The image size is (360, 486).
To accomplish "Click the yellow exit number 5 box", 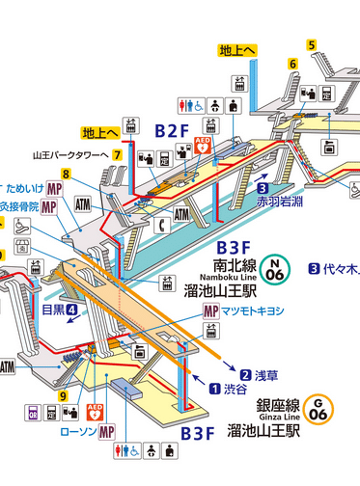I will tap(312, 44).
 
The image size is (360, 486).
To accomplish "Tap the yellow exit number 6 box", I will tap(291, 64).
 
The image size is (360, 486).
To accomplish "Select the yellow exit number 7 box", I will tap(116, 153).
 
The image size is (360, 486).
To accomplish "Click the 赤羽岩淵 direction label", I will tap(279, 203).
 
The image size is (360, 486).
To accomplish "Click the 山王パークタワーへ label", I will tap(69, 153).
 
